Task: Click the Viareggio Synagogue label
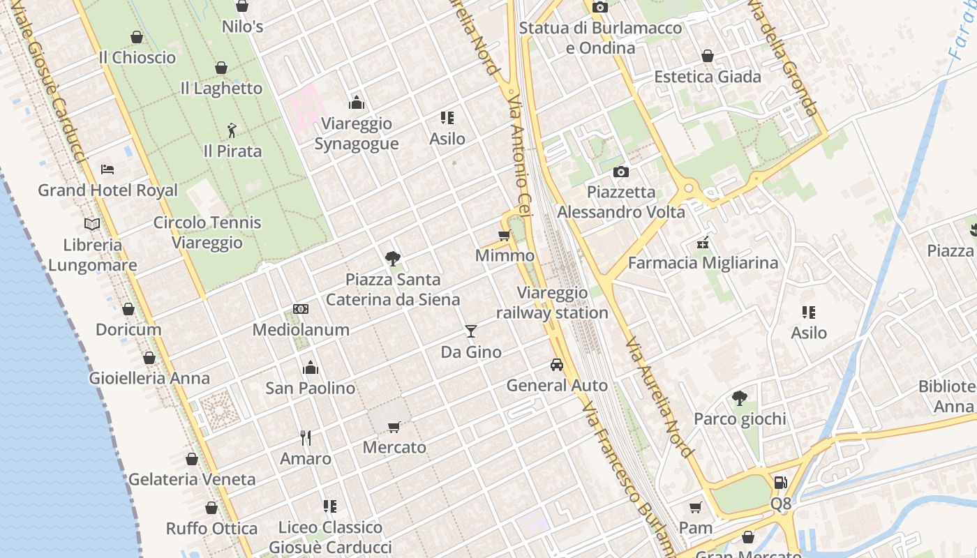pos(357,133)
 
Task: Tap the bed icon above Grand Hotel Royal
pos(107,169)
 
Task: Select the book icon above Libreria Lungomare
pos(92,224)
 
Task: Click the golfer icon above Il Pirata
pos(232,130)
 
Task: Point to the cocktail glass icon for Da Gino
pos(471,331)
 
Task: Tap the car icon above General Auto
pos(556,365)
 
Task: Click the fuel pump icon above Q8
pos(781,482)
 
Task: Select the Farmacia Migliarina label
pos(703,263)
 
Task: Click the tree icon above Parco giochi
pos(740,398)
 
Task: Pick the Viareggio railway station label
pos(552,303)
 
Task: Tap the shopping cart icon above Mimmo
pos(505,235)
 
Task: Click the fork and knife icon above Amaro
pos(306,438)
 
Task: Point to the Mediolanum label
pos(301,329)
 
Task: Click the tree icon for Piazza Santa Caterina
pos(393,259)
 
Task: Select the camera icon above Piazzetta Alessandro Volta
pos(620,172)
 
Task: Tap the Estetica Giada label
pos(707,77)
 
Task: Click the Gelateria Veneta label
pos(192,479)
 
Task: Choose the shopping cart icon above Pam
pos(695,507)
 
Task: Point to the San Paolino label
pos(311,388)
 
